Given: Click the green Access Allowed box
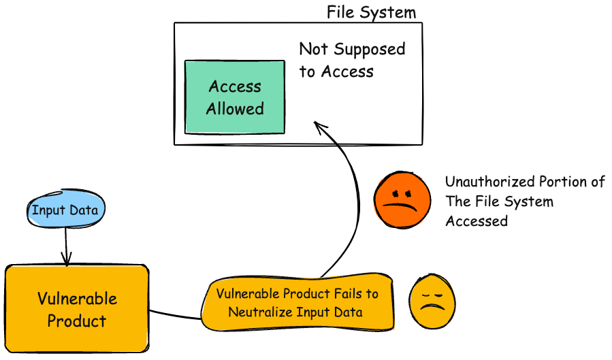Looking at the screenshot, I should pos(235,97).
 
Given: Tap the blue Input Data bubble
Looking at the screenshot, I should pos(65,210).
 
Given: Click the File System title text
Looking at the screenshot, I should pos(371,12).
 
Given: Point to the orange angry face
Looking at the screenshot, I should pos(402,198).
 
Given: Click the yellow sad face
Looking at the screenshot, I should pos(432,303).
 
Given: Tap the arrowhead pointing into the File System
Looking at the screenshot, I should pos(319,126).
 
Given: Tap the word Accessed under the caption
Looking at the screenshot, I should pos(477,220).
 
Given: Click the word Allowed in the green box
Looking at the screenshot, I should pos(235,108).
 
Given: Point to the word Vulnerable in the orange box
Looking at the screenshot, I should pos(77,299).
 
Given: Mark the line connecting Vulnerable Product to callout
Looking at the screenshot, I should pos(175,314).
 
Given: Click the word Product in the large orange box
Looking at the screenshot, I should pos(77,321).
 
